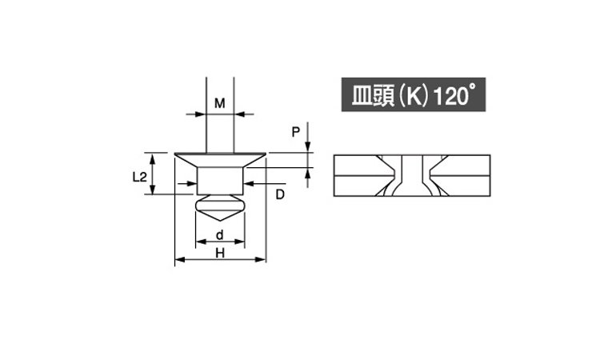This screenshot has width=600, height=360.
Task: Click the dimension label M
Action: pyautogui.click(x=220, y=103)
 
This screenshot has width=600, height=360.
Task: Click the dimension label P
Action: pyautogui.click(x=296, y=132)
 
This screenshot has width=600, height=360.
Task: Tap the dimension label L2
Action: pyautogui.click(x=140, y=177)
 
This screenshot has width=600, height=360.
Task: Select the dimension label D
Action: pyautogui.click(x=280, y=194)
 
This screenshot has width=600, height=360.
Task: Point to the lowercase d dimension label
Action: pyautogui.click(x=220, y=235)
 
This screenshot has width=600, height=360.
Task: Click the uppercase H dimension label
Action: pyautogui.click(x=220, y=254)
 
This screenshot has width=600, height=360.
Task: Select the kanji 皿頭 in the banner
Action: pyautogui.click(x=373, y=96)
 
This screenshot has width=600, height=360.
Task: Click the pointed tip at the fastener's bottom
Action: pyautogui.click(x=220, y=221)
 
